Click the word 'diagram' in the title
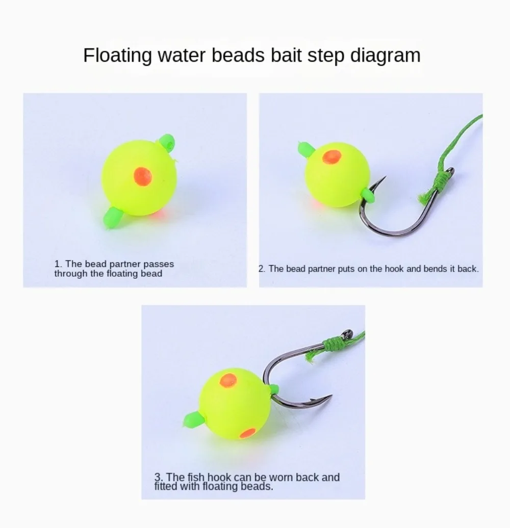386,56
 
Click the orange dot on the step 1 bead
143,176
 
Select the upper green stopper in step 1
167,143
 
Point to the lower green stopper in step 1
113,217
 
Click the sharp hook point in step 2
385,177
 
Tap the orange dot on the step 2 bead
332,157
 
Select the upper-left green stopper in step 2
306,149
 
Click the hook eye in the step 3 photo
348,334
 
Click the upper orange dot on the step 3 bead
228,381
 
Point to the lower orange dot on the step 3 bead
248,433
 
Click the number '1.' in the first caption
58,264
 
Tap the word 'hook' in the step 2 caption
394,269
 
